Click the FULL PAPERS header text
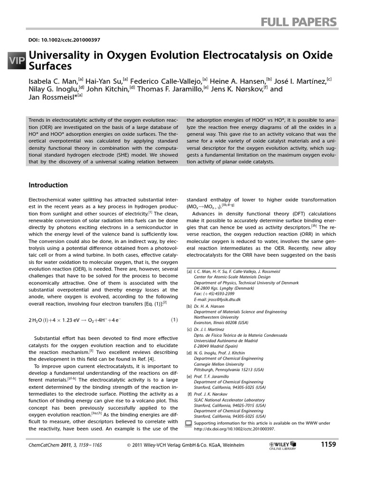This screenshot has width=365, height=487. pyautogui.click(x=299, y=22)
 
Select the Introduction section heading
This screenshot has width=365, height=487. pyautogui.click(x=48, y=185)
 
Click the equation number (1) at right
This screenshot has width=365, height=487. pyautogui.click(x=174, y=320)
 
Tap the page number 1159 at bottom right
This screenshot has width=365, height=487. pyautogui.click(x=328, y=445)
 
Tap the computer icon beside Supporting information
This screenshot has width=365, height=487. pyautogui.click(x=189, y=423)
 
